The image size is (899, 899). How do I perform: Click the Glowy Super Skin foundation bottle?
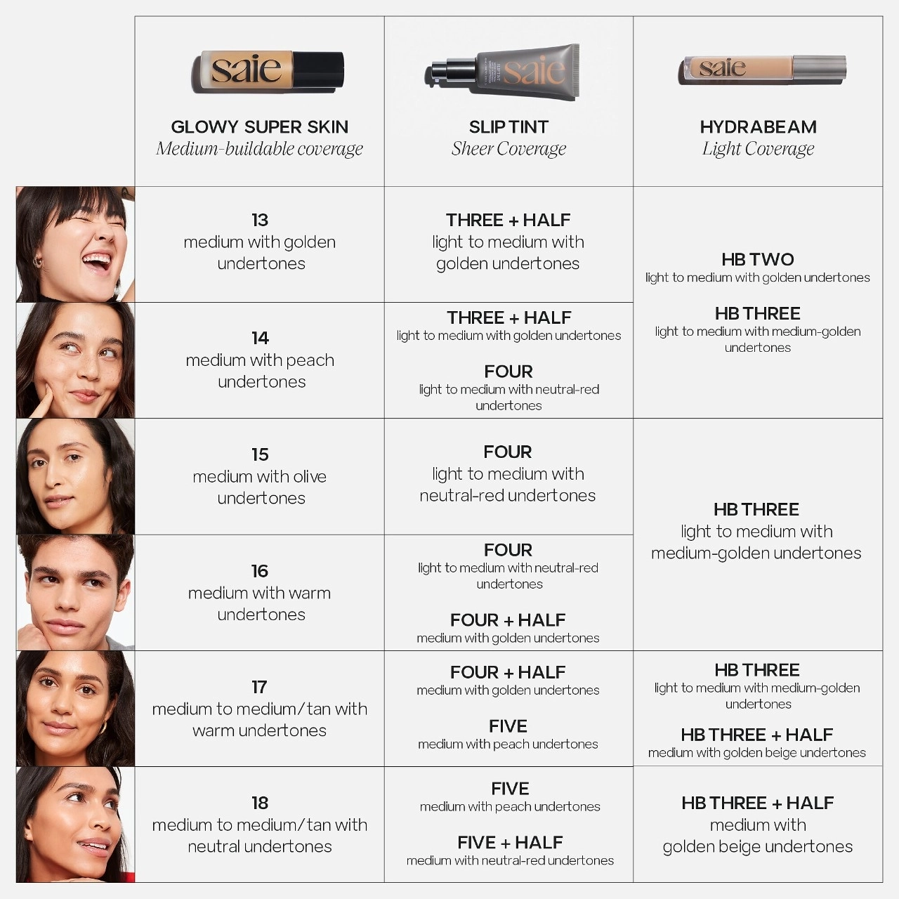(x=267, y=71)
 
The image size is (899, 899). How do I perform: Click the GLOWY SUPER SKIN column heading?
(x=259, y=127)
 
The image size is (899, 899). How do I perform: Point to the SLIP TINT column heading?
(x=508, y=127)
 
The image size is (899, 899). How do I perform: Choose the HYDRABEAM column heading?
(x=758, y=127)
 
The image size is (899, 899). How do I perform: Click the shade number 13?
(x=260, y=220)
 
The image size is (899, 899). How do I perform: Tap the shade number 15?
(x=260, y=454)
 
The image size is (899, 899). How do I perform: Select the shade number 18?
(x=260, y=803)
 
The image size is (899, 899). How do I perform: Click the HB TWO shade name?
(x=757, y=259)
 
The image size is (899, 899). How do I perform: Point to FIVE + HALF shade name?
(x=510, y=842)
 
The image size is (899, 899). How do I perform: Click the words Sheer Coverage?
(x=508, y=149)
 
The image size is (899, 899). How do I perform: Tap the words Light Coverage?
(x=758, y=149)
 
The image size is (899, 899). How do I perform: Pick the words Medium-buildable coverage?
(x=259, y=149)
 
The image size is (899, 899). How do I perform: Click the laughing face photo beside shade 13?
(x=75, y=244)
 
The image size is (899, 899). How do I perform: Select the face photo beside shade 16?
(x=75, y=592)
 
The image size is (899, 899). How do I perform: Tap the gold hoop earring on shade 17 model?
(x=103, y=726)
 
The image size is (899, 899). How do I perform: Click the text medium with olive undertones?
(x=260, y=487)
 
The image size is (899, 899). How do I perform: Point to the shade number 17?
(x=260, y=687)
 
